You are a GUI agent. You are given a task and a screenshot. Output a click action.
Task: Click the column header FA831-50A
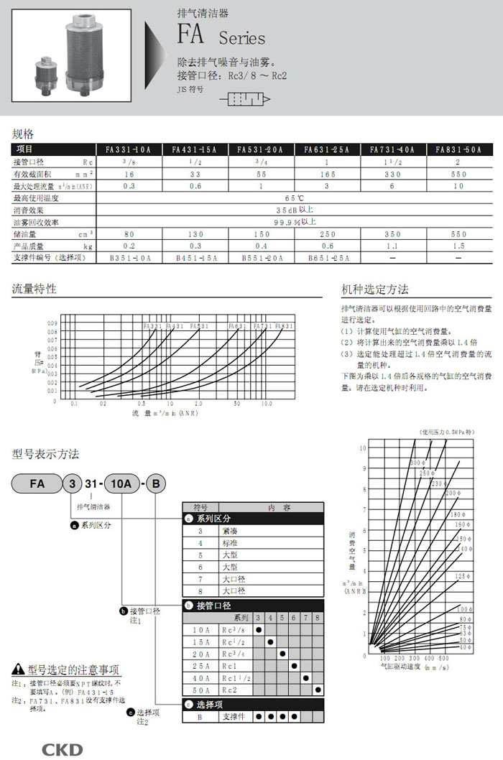458,149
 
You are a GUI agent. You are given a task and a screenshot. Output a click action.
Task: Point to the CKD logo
63,749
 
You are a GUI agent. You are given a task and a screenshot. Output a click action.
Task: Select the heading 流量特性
34,289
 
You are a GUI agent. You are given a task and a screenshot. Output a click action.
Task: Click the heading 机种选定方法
375,289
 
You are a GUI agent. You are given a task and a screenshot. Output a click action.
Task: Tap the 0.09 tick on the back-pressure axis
52,323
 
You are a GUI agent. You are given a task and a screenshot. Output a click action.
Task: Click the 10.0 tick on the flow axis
267,404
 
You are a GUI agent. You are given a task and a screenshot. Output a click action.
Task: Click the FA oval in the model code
37,484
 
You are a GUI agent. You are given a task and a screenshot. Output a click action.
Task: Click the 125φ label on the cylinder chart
462,576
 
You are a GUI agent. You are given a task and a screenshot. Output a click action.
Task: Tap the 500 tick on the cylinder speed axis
444,658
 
